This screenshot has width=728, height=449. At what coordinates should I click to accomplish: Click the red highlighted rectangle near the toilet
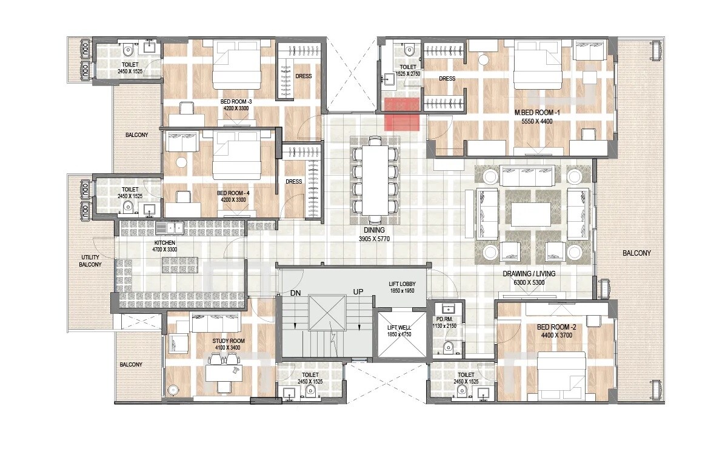click(x=402, y=114)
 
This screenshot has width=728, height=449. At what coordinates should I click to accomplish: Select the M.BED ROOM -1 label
click(x=533, y=113)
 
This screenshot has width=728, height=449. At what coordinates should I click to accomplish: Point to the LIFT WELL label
click(x=399, y=327)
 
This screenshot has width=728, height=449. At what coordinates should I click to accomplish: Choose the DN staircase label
click(x=296, y=293)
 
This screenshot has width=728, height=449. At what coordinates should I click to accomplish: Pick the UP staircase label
click(x=358, y=293)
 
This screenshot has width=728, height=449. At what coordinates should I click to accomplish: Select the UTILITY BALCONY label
click(x=90, y=261)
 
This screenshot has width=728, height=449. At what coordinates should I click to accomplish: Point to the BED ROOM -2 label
click(x=556, y=327)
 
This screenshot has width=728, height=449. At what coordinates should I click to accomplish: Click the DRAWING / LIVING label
click(x=529, y=273)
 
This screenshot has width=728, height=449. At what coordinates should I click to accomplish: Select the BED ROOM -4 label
click(x=235, y=194)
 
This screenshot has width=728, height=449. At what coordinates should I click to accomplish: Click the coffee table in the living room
click(x=530, y=213)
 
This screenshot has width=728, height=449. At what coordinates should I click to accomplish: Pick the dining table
click(x=375, y=180)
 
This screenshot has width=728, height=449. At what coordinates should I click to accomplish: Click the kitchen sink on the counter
click(x=170, y=228)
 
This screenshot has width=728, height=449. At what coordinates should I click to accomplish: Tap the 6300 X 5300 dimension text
click(x=529, y=282)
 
